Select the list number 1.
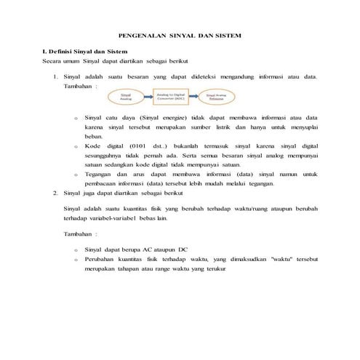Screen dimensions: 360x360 [56, 75]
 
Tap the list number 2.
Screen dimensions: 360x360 [56, 193]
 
